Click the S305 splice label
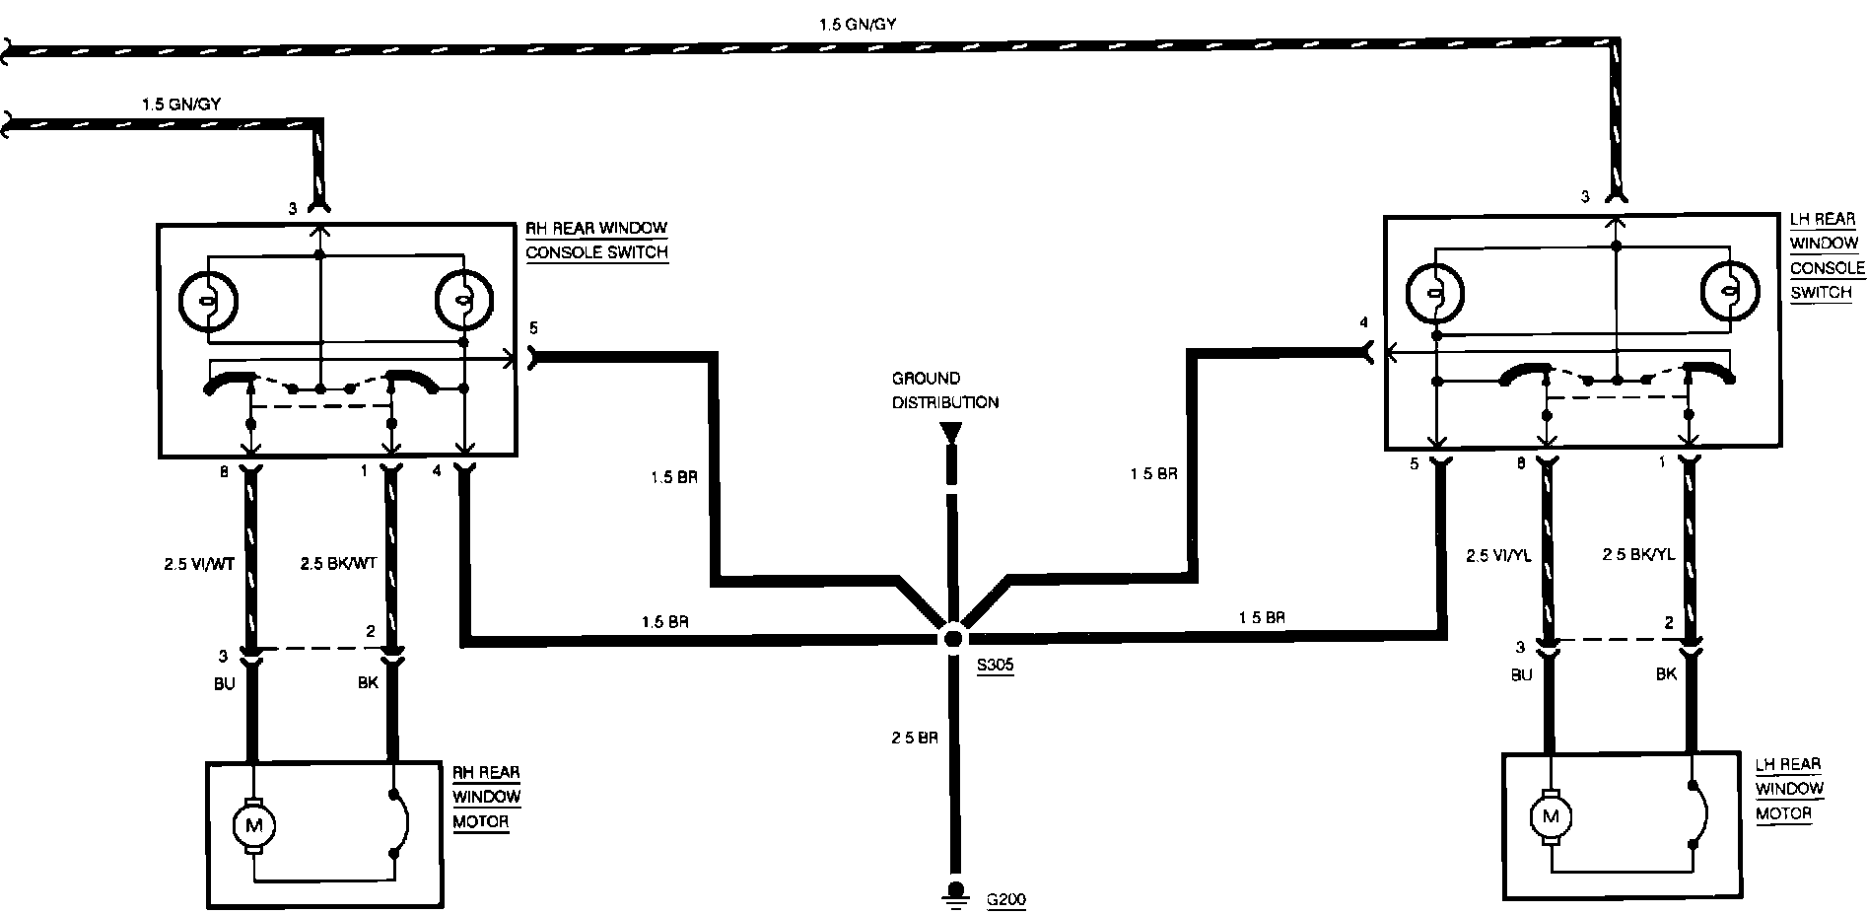coord(995,666)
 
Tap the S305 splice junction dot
coord(952,638)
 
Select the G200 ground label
coord(1005,899)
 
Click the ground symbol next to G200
coord(953,892)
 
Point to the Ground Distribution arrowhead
coord(950,433)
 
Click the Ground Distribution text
coord(945,390)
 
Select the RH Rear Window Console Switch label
coord(596,240)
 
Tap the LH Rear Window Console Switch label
coord(1827,255)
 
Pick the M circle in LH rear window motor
coord(1552,816)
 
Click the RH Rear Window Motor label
coord(486,797)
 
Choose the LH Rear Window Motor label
coord(1788,788)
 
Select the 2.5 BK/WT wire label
coord(338,565)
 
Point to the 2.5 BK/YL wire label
coord(1638,555)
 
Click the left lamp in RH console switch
coord(208,300)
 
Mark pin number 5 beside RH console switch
coord(533,327)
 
